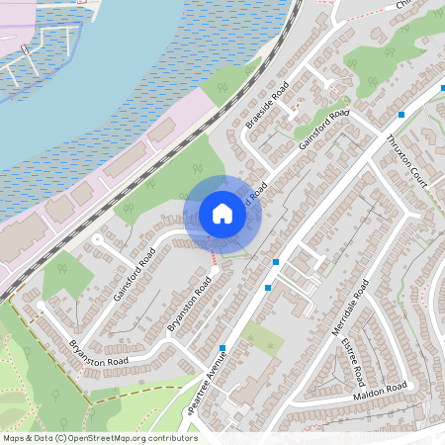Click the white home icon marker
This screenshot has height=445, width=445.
[222, 214]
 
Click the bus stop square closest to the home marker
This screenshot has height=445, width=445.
[276, 262]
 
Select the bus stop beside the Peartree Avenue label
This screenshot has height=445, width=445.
[223, 348]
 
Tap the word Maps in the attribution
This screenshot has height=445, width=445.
[13, 437]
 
